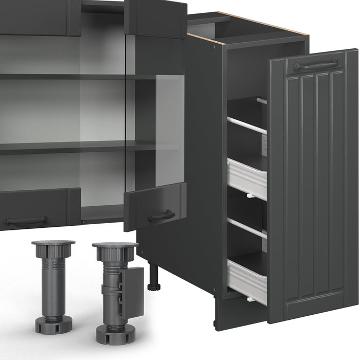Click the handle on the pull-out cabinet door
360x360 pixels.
coord(315,64)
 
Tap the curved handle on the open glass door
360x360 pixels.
coord(161,215)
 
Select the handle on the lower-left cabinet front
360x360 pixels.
coord(25,221)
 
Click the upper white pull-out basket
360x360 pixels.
coord(247,178)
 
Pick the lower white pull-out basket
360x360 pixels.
coord(247,281)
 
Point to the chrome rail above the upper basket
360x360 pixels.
coord(247,125)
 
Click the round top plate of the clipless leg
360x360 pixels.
coord(53,242)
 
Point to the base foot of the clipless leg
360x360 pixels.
coord(53,325)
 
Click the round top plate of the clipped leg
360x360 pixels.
coord(115,245)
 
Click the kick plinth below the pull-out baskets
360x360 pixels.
coord(231,312)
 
